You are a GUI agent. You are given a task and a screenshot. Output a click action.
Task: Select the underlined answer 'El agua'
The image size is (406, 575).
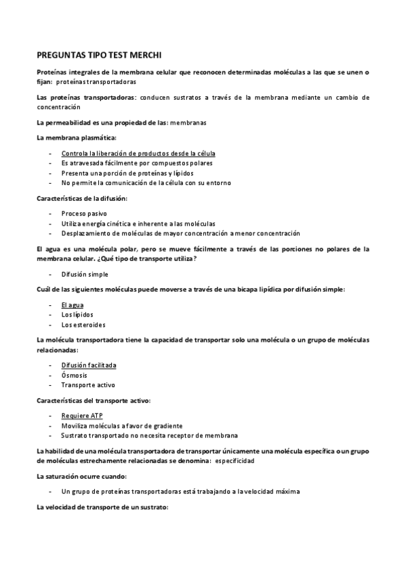pyautogui.click(x=73, y=305)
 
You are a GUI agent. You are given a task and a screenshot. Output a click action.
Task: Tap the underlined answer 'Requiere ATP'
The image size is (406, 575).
pyautogui.click(x=82, y=416)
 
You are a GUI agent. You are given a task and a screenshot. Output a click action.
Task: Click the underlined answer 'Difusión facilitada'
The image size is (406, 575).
pyautogui.click(x=89, y=365)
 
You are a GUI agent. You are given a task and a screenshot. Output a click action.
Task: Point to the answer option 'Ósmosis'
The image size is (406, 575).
pyautogui.click(x=74, y=375)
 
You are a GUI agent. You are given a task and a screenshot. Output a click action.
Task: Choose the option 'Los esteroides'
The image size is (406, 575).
pyautogui.click(x=83, y=324)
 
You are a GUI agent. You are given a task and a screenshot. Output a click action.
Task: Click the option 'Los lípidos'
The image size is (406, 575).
pyautogui.click(x=77, y=315)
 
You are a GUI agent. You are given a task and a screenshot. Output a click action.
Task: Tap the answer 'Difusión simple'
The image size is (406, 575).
pyautogui.click(x=85, y=274)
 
